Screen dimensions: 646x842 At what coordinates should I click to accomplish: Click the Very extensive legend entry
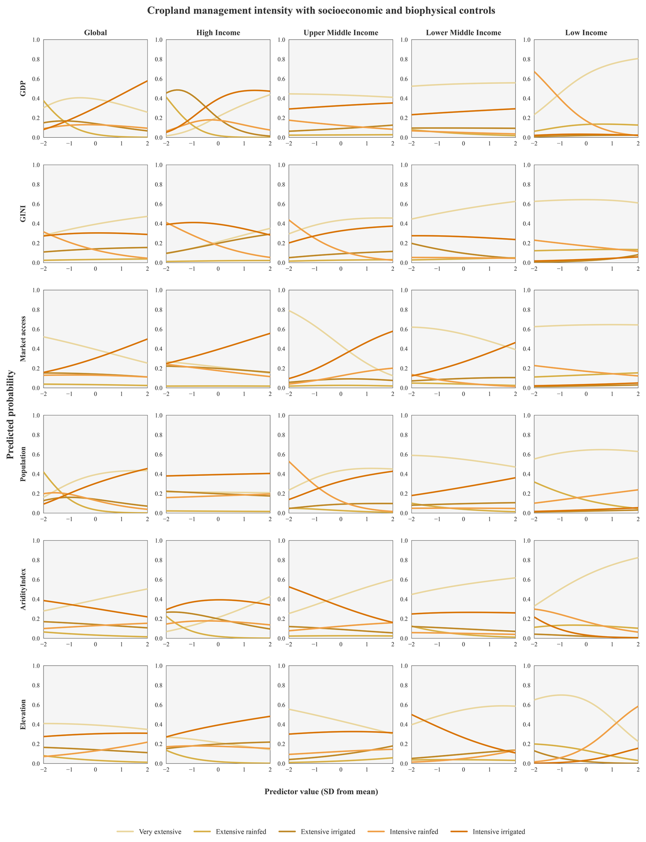pos(149,832)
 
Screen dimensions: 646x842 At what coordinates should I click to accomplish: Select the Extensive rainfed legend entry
pos(230,832)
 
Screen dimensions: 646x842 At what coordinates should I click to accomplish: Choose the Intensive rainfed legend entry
pos(403,832)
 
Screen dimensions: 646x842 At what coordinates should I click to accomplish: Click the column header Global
pos(95,33)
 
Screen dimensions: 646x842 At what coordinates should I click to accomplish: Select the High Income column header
pos(218,33)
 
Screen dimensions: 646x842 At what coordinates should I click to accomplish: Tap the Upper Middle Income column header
pos(341,33)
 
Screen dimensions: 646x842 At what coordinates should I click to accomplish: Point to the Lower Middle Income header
pos(463,33)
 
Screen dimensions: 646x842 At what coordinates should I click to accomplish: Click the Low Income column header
pos(586,33)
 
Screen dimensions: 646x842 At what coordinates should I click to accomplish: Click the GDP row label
pos(23,88)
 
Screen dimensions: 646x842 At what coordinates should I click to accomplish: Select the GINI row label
pos(23,214)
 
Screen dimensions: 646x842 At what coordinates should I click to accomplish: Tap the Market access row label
pos(23,339)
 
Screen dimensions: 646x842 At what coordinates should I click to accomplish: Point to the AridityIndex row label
pos(23,589)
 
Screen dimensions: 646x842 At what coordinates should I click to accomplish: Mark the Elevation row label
pos(23,714)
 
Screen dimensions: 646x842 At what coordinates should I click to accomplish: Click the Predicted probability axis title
pos(10,415)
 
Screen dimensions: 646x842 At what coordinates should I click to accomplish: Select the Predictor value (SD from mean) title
pos(321,791)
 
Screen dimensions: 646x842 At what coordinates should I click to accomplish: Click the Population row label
pos(23,464)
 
